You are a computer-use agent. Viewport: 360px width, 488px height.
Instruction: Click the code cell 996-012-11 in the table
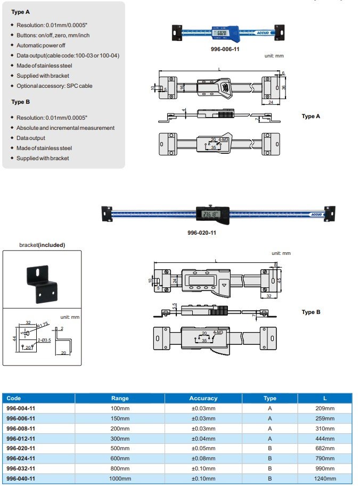tap(21, 439)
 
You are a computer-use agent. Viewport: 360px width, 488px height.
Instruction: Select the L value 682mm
tap(325, 448)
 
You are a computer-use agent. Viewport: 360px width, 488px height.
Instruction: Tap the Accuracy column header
tap(203, 398)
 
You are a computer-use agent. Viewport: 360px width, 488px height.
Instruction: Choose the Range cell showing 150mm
tap(120, 418)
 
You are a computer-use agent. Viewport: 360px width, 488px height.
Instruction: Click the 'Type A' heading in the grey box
tap(21, 11)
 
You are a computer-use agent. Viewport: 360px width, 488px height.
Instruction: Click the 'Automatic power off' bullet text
tap(40, 45)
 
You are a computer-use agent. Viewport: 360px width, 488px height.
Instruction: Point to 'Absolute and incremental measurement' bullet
tap(66, 128)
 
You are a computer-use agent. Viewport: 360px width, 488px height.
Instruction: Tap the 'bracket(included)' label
tap(42, 245)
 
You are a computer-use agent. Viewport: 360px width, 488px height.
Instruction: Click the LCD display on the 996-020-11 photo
tap(211, 214)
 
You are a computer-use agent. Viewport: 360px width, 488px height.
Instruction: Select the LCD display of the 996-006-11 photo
tap(220, 33)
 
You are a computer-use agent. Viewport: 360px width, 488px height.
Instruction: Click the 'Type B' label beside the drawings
tap(311, 312)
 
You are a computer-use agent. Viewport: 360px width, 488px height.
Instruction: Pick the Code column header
tap(14, 398)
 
